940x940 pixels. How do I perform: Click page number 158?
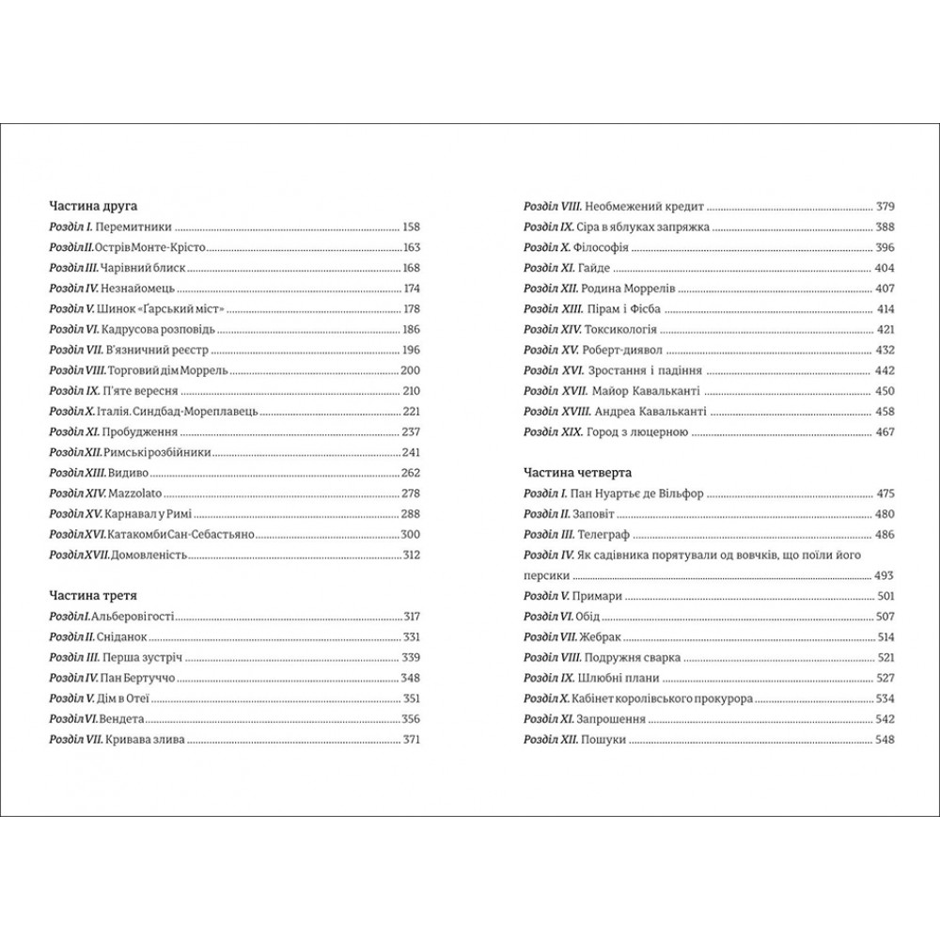coord(410,227)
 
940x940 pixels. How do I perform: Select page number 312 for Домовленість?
coord(410,556)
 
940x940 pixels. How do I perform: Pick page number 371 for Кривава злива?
coord(410,740)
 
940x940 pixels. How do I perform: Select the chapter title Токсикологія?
coord(621,330)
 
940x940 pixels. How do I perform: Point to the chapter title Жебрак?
coord(603,637)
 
